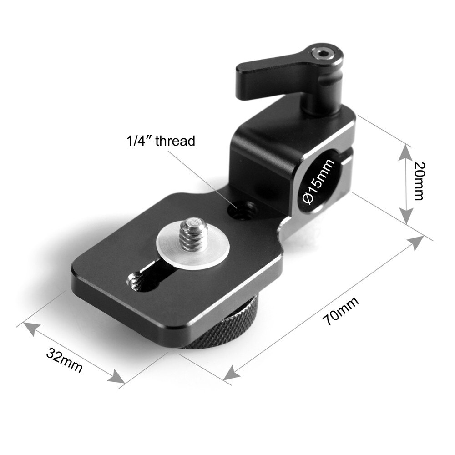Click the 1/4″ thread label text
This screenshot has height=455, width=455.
pyautogui.click(x=160, y=141)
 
